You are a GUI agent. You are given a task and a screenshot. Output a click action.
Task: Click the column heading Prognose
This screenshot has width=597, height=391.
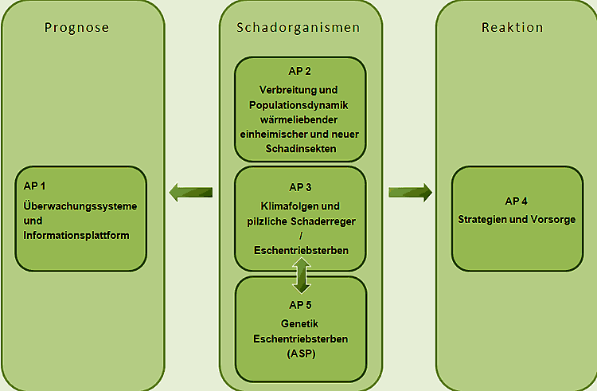tap(77, 28)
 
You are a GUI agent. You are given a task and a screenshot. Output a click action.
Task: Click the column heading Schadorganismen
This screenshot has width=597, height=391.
tap(298, 28)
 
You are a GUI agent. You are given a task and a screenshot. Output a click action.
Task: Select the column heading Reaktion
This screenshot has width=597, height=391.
tap(513, 28)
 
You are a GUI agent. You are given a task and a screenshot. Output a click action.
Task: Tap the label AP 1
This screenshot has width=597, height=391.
tap(36, 186)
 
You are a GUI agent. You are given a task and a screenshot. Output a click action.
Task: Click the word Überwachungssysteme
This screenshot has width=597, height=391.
tap(80, 205)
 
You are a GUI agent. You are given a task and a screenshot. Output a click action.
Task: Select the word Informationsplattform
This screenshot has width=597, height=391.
tap(76, 235)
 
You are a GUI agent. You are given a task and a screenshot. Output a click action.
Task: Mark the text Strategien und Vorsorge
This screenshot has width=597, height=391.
tap(517, 219)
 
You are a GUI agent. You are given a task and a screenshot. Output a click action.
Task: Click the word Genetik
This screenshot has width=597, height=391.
tap(300, 323)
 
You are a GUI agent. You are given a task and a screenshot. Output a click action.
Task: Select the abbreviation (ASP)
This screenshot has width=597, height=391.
tap(300, 353)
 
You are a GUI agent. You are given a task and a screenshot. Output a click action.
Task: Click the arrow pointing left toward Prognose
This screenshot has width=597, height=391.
tap(190, 191)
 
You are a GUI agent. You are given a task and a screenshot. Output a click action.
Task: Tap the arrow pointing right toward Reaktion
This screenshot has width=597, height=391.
tap(410, 191)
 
